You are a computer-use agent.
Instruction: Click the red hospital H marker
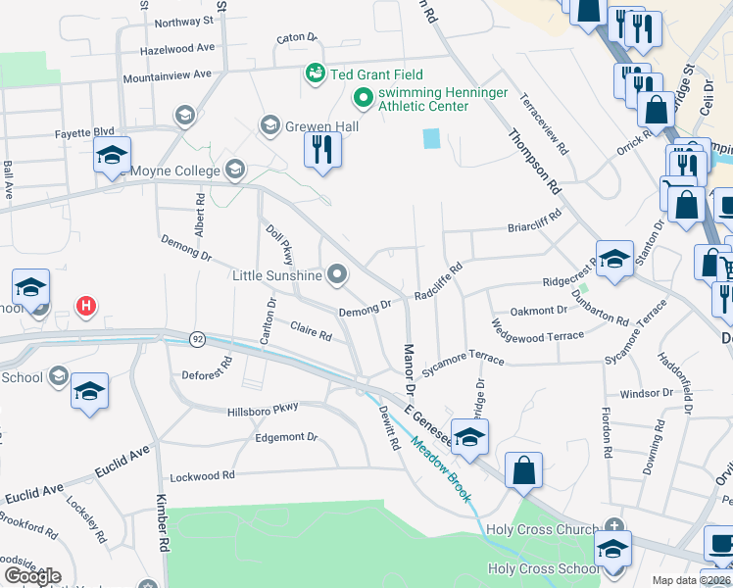(86, 307)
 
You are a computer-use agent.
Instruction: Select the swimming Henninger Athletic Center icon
(362, 97)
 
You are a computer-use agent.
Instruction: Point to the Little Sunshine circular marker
(338, 275)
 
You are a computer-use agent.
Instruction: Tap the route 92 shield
(197, 339)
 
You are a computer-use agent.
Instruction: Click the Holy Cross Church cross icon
(614, 525)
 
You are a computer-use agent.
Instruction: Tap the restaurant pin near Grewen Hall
(321, 150)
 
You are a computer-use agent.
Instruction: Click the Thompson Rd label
(533, 162)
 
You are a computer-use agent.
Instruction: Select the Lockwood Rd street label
(203, 476)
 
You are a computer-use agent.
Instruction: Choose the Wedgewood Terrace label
(538, 336)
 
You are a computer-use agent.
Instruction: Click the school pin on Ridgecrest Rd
(614, 259)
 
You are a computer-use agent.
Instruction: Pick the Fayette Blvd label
(91, 131)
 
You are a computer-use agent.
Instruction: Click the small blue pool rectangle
(432, 139)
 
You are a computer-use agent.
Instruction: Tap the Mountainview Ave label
(167, 74)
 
